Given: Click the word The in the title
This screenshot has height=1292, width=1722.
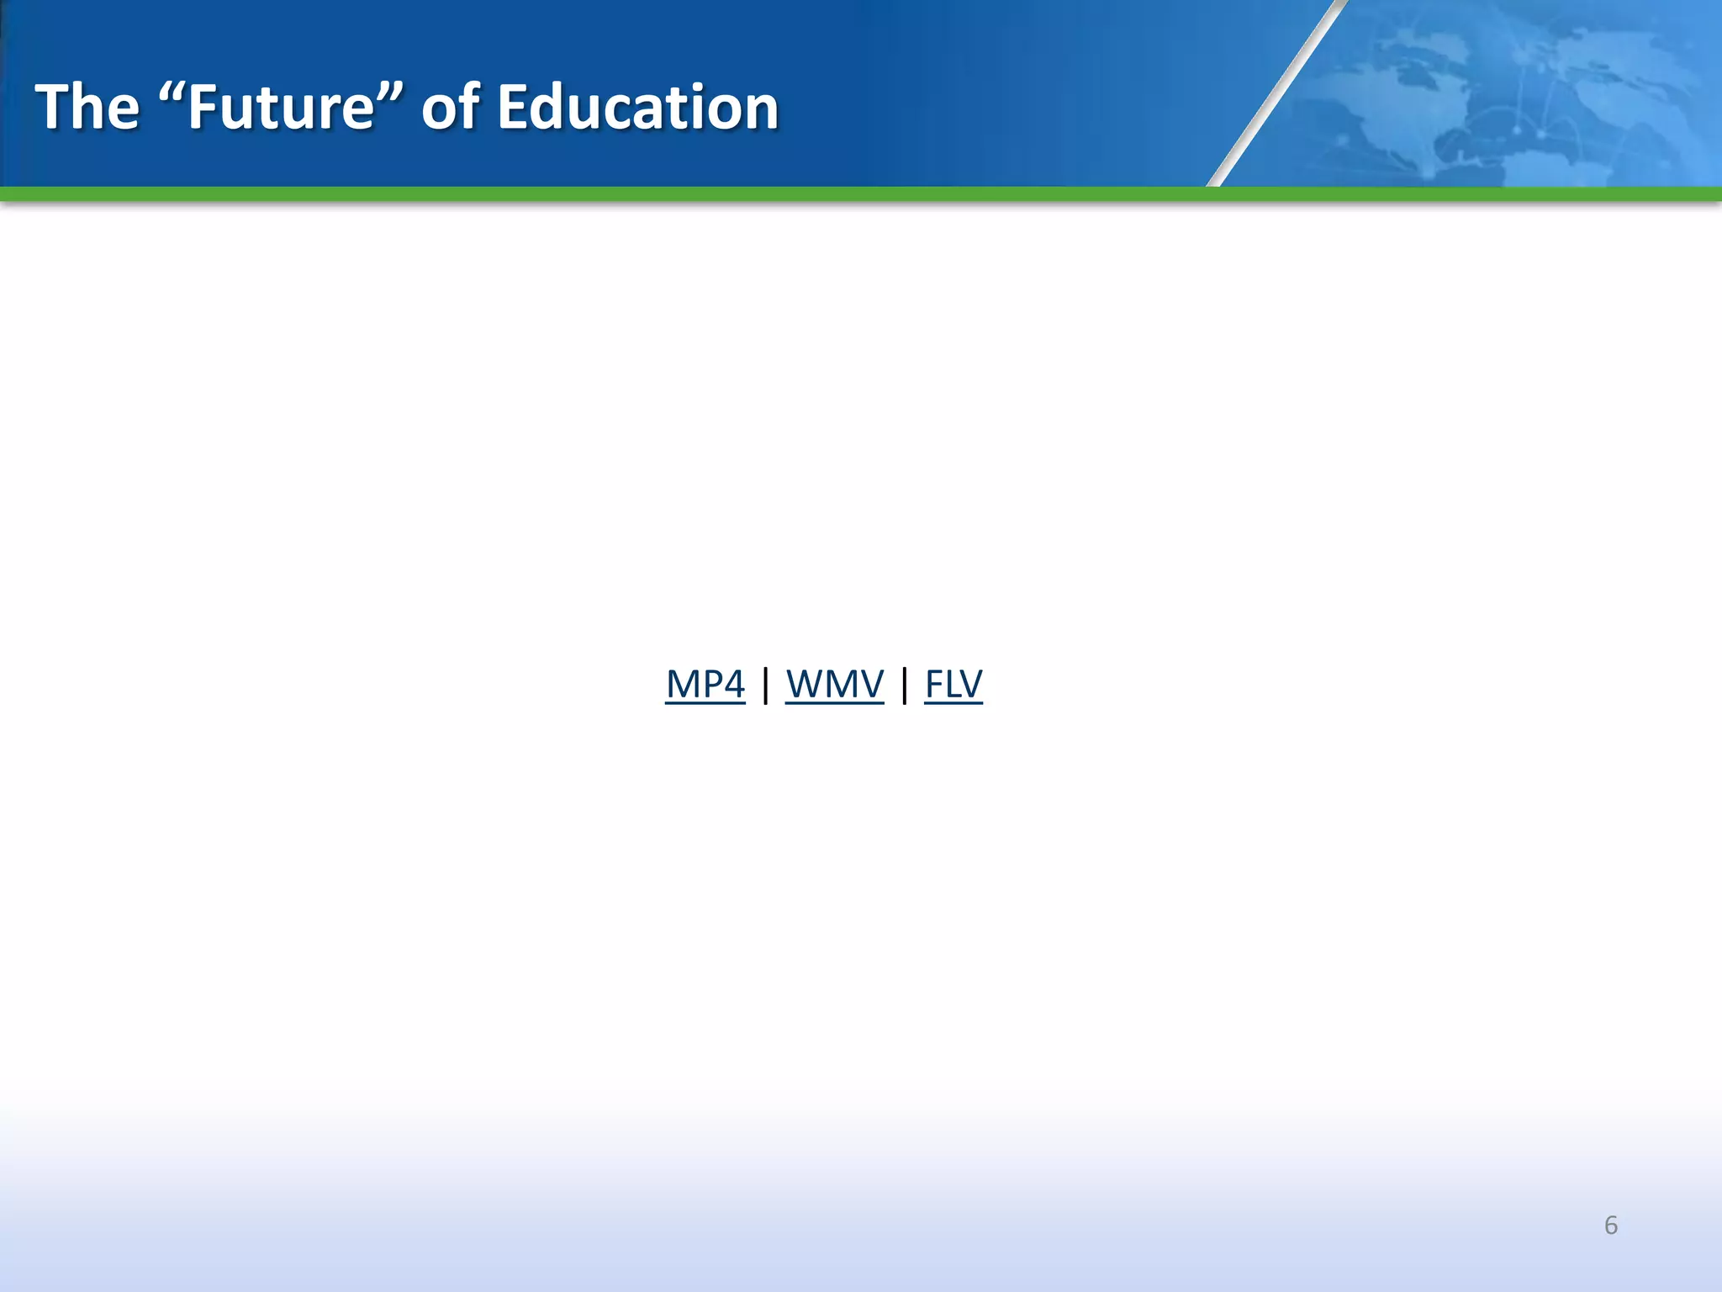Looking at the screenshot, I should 87,108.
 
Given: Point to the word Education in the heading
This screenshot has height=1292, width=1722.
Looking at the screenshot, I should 637,108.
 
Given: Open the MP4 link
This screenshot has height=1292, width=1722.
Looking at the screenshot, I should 705,684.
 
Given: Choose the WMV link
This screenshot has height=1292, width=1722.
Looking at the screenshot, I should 834,684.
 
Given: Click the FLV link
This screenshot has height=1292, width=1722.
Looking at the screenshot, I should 953,684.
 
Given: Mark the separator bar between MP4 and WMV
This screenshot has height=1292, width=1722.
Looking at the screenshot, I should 765,685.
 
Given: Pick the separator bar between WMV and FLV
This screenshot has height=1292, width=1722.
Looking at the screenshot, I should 904,685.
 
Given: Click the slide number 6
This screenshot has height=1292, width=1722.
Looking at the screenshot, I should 1610,1226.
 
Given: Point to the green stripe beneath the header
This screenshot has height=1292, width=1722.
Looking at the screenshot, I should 861,194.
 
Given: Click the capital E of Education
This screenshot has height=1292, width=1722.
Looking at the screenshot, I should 512,108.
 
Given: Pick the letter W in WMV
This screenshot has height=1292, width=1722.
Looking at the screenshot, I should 804,684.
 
